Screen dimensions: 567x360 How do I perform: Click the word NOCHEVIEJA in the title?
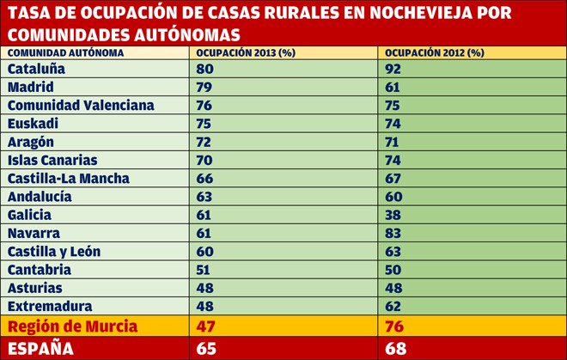(421, 13)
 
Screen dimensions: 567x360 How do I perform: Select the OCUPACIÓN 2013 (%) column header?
(246, 52)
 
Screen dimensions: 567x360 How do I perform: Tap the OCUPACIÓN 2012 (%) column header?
(435, 52)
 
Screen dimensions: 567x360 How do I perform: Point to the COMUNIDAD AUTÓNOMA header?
(66, 52)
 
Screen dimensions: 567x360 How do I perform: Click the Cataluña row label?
(36, 69)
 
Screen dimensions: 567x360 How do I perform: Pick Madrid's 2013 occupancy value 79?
(204, 87)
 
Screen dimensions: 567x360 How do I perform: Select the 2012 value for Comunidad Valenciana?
(393, 106)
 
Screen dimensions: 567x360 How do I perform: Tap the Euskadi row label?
(33, 124)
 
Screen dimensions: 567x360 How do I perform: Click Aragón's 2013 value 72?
(204, 142)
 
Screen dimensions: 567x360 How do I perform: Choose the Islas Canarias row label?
(52, 160)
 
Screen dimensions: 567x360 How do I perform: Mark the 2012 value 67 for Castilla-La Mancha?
(393, 179)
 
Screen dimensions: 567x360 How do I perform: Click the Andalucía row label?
(40, 197)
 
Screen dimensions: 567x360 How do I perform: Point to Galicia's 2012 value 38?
(393, 215)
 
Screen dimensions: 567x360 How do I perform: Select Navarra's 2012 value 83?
(393, 233)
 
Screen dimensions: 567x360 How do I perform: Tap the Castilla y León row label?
(54, 252)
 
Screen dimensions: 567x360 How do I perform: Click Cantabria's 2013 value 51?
(204, 270)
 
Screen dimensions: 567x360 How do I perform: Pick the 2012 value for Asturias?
(393, 288)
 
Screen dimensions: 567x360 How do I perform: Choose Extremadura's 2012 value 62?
(393, 306)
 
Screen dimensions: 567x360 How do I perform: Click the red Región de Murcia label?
(73, 326)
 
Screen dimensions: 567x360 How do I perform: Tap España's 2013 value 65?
(206, 349)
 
